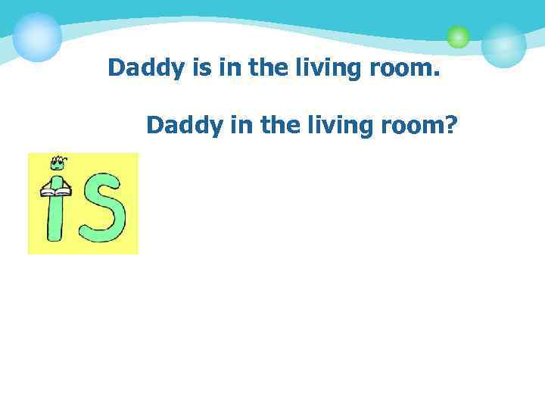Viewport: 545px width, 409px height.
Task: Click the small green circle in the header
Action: click(458, 36)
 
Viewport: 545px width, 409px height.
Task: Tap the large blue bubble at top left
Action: click(37, 36)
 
